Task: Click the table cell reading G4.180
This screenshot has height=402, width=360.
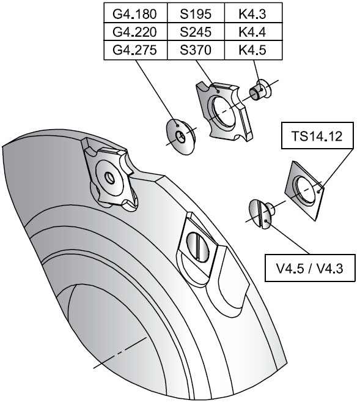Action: click(x=136, y=13)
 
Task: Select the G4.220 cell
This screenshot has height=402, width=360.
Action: click(x=136, y=32)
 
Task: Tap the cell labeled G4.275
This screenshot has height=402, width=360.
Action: click(x=136, y=50)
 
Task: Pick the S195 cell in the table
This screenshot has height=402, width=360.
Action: click(x=196, y=13)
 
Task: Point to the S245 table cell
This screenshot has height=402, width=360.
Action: click(x=196, y=32)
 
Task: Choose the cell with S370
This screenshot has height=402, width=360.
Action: click(x=196, y=50)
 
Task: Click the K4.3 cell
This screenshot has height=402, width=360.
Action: click(x=254, y=13)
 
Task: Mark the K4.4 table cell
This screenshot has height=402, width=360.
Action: click(x=254, y=32)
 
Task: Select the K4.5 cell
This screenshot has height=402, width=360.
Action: click(x=254, y=50)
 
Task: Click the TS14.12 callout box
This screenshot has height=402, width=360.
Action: click(x=317, y=136)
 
